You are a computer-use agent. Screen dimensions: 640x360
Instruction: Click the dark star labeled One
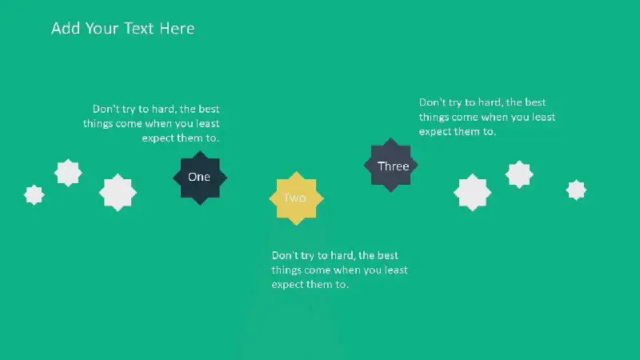tap(200, 178)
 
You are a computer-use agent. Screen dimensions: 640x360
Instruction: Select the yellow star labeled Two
tap(296, 198)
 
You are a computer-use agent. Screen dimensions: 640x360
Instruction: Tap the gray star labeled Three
tap(390, 165)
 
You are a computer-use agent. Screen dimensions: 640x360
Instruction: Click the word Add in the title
tap(66, 28)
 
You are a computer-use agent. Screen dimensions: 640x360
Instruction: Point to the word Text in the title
tap(138, 28)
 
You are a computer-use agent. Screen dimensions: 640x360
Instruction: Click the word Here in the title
tap(177, 28)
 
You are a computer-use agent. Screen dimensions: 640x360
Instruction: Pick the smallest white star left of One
tap(34, 194)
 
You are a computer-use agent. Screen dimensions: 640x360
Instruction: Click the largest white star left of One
tap(118, 192)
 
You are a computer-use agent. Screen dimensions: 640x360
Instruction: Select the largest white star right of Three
tap(472, 192)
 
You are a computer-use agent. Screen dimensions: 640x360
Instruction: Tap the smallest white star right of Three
tap(576, 190)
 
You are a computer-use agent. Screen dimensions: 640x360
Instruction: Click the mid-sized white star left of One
tap(68, 173)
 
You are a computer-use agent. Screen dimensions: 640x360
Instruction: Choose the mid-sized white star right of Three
tap(519, 174)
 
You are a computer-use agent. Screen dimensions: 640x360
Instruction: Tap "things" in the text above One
tap(98, 124)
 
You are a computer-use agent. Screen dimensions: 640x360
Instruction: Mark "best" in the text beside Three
tap(535, 102)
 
